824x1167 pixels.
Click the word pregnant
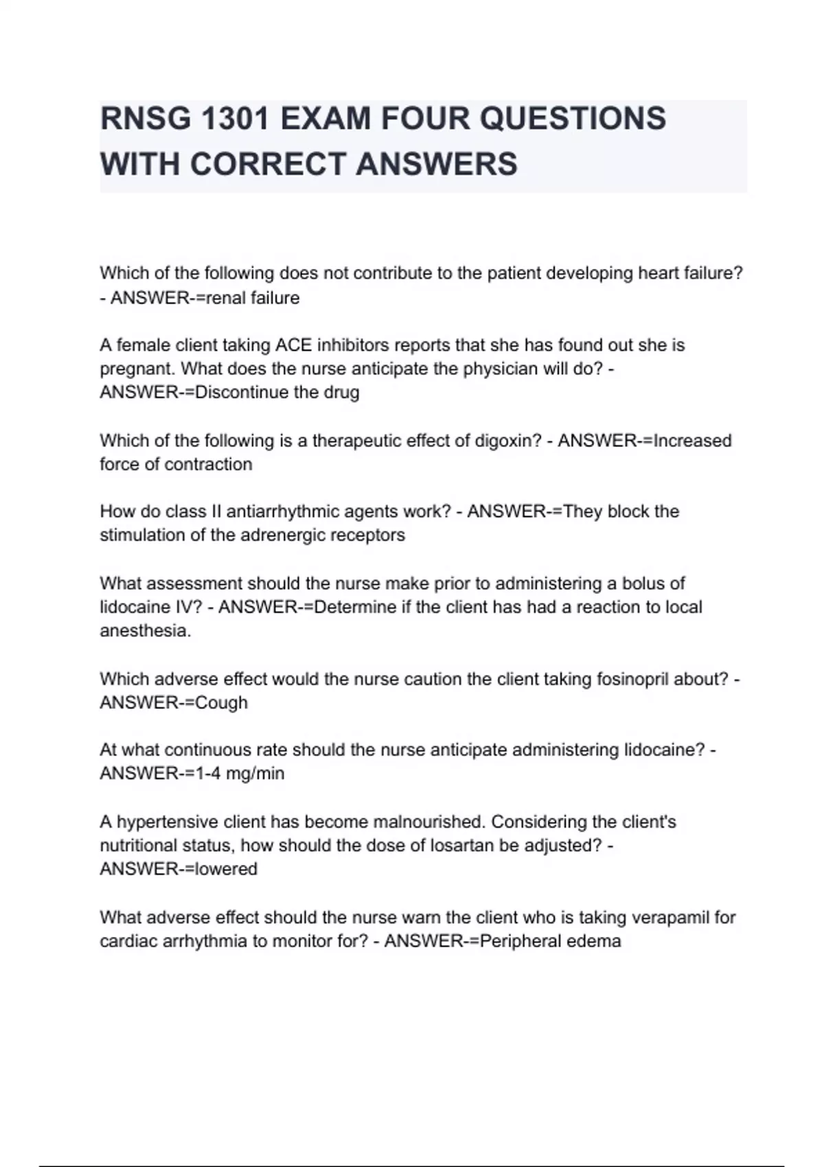click(137, 369)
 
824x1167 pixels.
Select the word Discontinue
click(238, 393)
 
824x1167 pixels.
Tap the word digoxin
click(507, 441)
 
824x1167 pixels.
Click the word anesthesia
click(145, 631)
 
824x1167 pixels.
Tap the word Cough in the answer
click(221, 703)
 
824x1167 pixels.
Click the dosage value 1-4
click(208, 774)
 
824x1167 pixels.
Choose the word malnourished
click(428, 822)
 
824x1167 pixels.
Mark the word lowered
click(226, 869)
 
